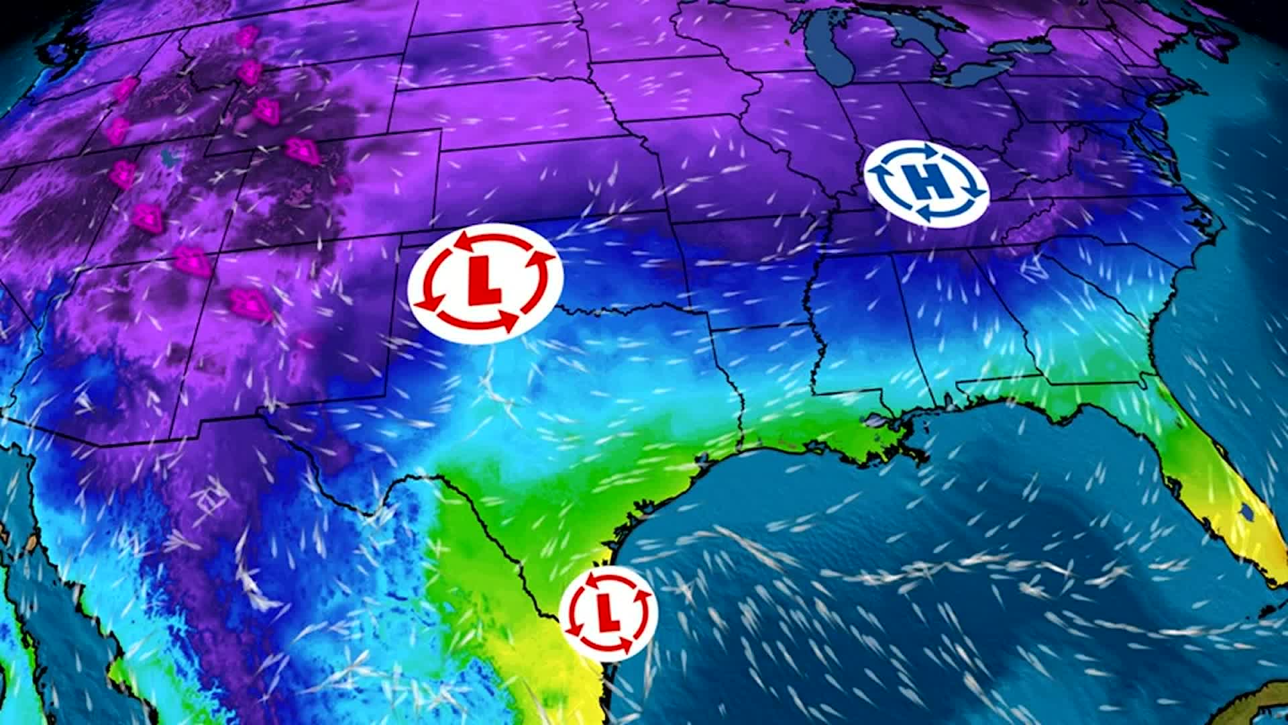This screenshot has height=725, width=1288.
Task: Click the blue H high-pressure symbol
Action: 926,183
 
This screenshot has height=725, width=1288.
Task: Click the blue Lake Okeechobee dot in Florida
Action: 1246,512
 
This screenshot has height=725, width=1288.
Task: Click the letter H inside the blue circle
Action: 926,183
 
